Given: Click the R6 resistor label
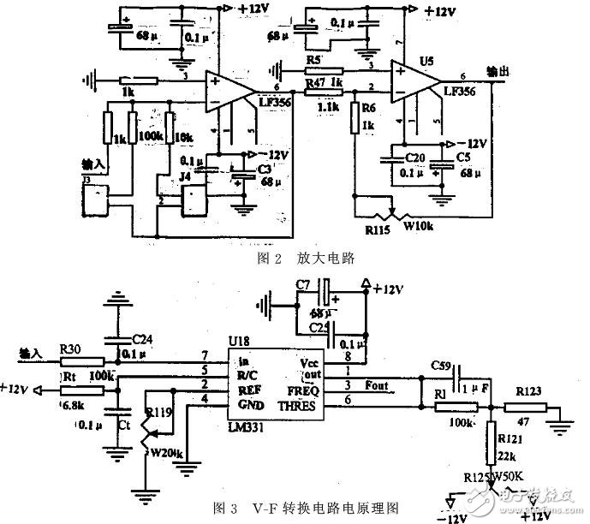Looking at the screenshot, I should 369,110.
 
